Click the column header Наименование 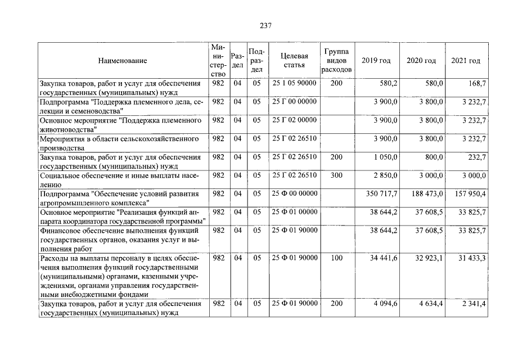point(122,61)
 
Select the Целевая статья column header point(294,61)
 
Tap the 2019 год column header point(376,61)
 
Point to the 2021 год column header point(466,61)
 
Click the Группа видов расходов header point(337,61)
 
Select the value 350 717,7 point(381,194)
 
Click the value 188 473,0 point(425,194)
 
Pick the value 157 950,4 point(469,194)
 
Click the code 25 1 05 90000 point(294,83)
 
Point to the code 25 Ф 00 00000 point(294,194)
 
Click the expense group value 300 point(336,175)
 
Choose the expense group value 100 point(336,258)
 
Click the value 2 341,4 point(473,304)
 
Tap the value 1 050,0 point(386,157)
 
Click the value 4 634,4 point(429,304)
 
